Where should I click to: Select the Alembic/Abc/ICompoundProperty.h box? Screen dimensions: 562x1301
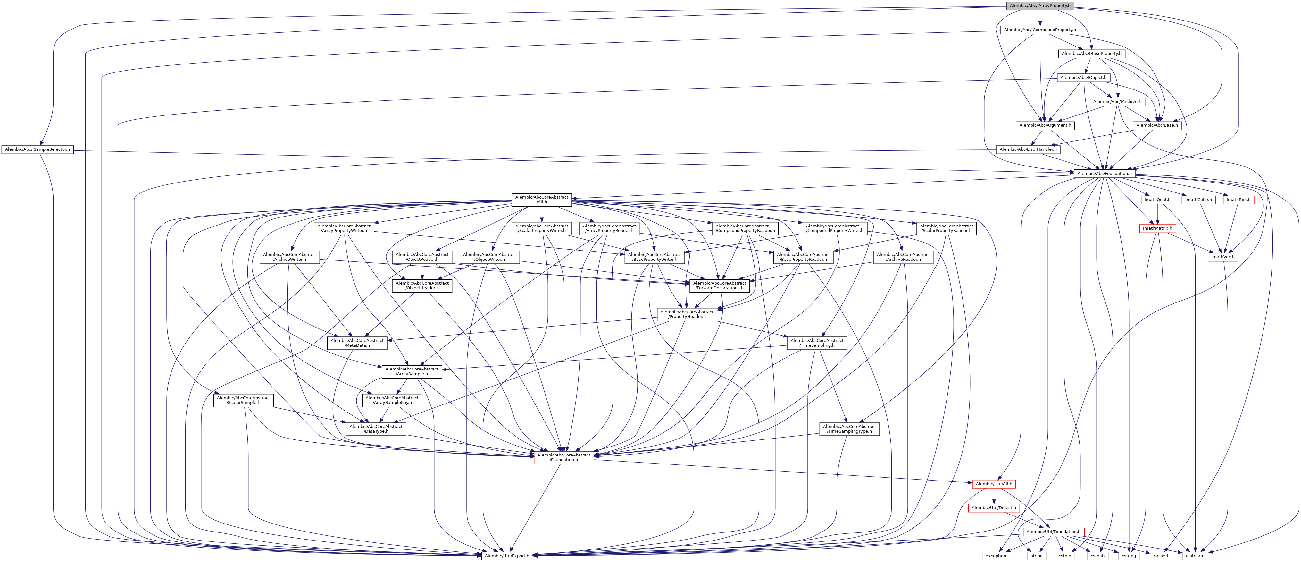click(1040, 30)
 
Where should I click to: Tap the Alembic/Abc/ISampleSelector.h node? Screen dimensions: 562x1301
click(38, 149)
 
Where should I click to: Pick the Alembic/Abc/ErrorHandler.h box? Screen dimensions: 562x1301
click(1028, 149)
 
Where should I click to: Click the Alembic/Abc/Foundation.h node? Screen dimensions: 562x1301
click(1105, 173)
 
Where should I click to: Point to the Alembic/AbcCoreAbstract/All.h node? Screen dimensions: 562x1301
click(541, 200)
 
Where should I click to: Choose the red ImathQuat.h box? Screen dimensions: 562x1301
click(1157, 200)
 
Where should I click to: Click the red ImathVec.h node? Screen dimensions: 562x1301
click(1223, 257)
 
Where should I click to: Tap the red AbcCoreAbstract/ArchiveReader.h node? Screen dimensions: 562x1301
click(903, 257)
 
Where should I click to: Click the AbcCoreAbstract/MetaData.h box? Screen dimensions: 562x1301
click(357, 343)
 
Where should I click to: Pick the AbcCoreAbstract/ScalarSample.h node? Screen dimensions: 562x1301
click(243, 400)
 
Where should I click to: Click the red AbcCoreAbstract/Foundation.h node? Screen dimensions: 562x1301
click(563, 457)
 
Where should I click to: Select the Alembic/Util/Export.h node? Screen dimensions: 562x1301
click(506, 556)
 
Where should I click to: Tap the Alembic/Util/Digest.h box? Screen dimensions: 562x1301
click(993, 508)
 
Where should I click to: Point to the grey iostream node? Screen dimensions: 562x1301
click(1195, 556)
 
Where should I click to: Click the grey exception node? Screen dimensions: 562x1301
click(996, 556)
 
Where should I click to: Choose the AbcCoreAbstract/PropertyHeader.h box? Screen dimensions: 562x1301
click(687, 314)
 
